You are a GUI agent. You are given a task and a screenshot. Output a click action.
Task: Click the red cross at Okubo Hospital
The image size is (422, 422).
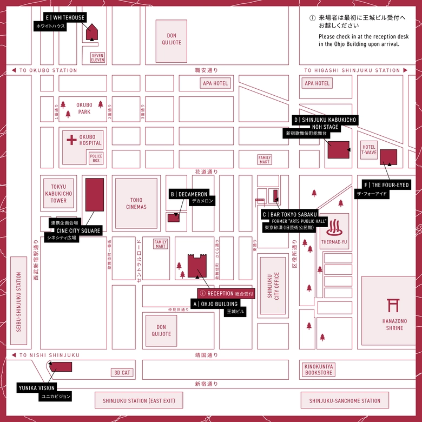pos(71,140)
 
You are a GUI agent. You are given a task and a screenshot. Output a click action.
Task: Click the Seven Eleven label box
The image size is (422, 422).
pos(97,57)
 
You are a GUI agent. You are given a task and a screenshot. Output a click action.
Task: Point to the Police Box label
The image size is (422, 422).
pos(96,158)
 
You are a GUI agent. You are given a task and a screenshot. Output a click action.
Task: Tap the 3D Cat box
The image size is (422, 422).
pos(122,373)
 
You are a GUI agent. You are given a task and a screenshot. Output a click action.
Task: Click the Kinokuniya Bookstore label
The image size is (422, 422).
pos(320,370)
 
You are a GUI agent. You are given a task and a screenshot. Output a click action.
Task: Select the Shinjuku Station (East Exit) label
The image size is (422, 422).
pos(139,401)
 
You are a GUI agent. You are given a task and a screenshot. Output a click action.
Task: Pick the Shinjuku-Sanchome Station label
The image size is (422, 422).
pos(345,401)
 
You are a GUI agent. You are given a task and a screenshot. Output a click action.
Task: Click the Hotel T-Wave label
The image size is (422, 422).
pos(369,150)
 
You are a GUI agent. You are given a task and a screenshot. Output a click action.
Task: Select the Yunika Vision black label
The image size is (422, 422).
pos(37,387)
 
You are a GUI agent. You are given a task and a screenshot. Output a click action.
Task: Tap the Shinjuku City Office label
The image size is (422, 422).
pos(273,286)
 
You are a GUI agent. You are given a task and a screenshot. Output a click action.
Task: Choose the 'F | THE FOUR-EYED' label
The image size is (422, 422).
pos(386,185)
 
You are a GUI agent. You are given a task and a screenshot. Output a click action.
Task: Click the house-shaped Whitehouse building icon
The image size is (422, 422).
pos(92,31)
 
